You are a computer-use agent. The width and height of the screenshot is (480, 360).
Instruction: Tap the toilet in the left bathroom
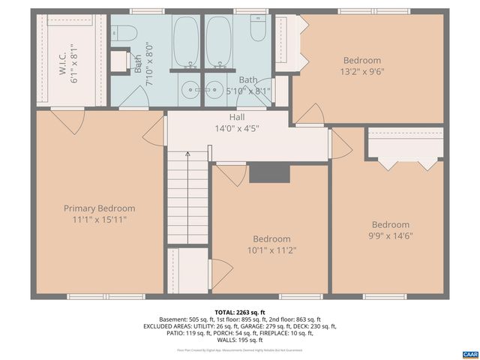[x=126, y=32]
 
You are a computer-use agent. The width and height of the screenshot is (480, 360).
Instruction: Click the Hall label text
[x=236, y=118]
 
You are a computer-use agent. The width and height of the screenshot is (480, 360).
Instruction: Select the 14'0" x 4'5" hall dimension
[x=236, y=128]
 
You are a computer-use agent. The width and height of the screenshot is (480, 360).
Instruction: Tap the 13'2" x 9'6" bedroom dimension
[x=362, y=72]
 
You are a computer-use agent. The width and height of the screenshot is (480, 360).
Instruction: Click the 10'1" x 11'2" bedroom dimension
[x=271, y=250]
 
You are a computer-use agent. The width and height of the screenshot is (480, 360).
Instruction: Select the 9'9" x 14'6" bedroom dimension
[x=391, y=235]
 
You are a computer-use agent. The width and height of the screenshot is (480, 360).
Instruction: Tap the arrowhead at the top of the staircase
[x=187, y=154]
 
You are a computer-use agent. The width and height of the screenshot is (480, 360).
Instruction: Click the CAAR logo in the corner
[x=469, y=353]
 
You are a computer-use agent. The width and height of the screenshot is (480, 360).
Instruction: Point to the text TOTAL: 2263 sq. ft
[x=239, y=312]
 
